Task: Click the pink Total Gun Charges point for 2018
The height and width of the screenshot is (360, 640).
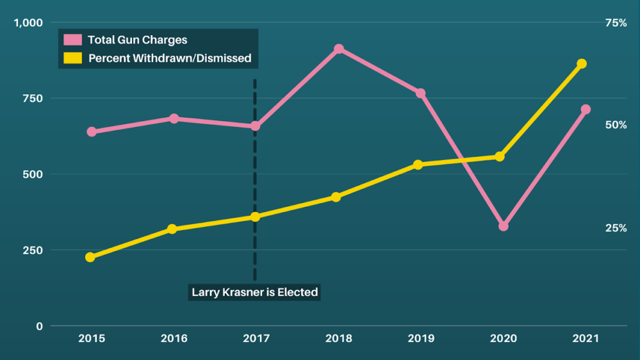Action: pyautogui.click(x=339, y=49)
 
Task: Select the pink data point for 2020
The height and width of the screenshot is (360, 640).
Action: pyautogui.click(x=503, y=226)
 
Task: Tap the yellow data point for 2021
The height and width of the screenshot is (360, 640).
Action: pyautogui.click(x=581, y=64)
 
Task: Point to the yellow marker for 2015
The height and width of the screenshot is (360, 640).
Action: pyautogui.click(x=90, y=257)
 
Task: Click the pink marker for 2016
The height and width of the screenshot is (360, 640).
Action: pyautogui.click(x=174, y=118)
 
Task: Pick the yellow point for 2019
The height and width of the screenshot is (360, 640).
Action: pyautogui.click(x=418, y=164)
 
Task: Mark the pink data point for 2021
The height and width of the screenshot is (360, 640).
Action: pyautogui.click(x=586, y=109)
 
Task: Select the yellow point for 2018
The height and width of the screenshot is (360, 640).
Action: pyautogui.click(x=336, y=197)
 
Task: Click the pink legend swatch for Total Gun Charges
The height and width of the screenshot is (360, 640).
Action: pyautogui.click(x=72, y=40)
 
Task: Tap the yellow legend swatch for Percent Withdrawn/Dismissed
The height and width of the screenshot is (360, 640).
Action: pyautogui.click(x=72, y=58)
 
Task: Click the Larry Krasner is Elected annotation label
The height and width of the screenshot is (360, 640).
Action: pyautogui.click(x=254, y=292)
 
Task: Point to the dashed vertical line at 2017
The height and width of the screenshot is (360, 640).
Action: pyautogui.click(x=255, y=175)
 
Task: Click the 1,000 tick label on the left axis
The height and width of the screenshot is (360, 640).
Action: pyautogui.click(x=28, y=22)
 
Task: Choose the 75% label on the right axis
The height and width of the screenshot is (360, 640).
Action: pyautogui.click(x=616, y=22)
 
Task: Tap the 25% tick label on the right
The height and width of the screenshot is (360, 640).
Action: pyautogui.click(x=616, y=228)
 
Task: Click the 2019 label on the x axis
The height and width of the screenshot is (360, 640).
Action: pyautogui.click(x=421, y=339)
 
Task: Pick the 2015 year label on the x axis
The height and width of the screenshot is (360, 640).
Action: pyautogui.click(x=91, y=339)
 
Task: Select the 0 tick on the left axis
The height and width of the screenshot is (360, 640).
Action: pyautogui.click(x=39, y=326)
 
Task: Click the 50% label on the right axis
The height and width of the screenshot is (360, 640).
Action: pyautogui.click(x=616, y=125)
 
